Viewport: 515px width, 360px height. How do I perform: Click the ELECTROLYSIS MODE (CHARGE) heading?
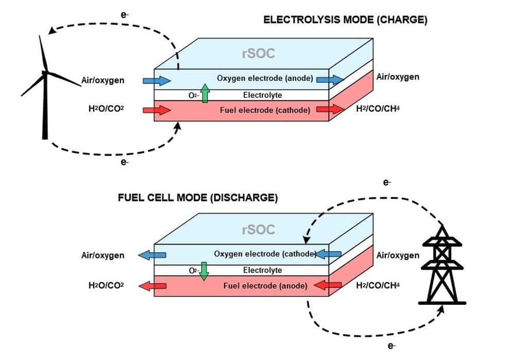(346, 20)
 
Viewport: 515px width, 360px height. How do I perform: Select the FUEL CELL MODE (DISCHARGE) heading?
(198, 198)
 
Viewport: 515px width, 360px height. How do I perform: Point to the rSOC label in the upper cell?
(259, 53)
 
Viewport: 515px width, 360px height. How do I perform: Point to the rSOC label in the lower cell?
(259, 229)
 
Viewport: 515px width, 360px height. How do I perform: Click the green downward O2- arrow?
(203, 271)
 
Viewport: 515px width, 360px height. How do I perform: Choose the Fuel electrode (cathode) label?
(265, 110)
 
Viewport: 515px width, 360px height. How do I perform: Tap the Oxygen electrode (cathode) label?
(264, 254)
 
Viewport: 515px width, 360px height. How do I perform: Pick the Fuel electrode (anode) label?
(265, 285)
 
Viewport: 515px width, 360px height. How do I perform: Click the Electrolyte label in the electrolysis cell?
(262, 95)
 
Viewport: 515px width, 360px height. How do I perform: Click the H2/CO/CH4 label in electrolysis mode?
(378, 109)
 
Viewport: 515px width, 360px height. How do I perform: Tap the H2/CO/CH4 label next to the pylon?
(378, 285)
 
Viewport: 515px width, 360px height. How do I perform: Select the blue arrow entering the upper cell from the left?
(162, 80)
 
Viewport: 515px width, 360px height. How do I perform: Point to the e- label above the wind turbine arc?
(125, 15)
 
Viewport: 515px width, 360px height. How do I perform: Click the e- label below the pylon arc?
(391, 346)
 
